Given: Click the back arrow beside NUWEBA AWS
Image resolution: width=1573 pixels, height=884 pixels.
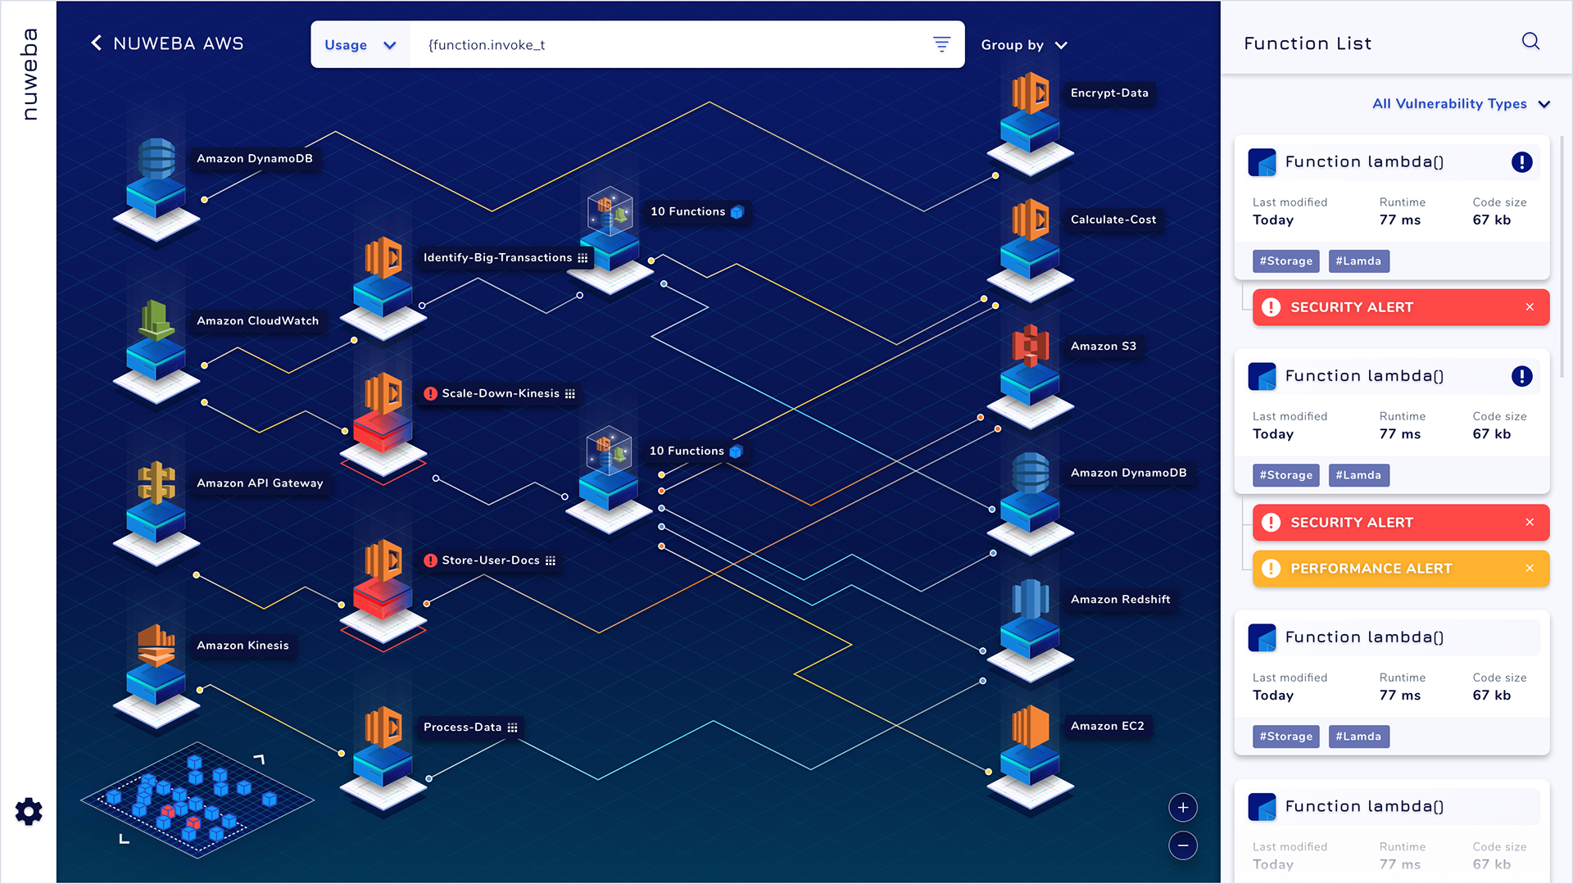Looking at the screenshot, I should point(97,43).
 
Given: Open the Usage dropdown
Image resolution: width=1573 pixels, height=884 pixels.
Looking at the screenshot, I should point(360,45).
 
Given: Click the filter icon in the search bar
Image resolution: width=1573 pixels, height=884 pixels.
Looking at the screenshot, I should point(941,44).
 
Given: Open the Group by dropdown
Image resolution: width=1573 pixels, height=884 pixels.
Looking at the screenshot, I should point(1023,45).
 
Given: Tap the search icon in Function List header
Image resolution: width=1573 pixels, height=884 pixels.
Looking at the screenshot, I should point(1530,42).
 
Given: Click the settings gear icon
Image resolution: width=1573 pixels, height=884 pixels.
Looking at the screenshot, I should point(29,811).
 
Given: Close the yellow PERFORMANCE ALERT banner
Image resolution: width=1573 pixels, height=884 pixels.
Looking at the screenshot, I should point(1529,569).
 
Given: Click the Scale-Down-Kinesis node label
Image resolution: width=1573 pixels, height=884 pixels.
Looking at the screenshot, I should point(500,394).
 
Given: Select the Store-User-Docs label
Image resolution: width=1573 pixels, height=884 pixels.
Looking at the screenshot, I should point(490,560).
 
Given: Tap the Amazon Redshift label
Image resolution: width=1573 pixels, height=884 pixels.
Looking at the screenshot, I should point(1120,600).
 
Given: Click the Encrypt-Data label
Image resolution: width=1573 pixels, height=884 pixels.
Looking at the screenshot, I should point(1108,93).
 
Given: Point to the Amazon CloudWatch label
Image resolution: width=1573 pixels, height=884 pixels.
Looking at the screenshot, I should point(257,321).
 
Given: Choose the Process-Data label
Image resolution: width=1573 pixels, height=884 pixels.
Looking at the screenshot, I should point(462,728).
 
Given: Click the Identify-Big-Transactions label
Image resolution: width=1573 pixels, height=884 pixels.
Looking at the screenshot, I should point(497,258).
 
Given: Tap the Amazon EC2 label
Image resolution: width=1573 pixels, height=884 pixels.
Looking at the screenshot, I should point(1107,726).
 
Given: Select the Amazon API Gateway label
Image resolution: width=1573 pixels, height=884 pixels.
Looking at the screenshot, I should point(260,483).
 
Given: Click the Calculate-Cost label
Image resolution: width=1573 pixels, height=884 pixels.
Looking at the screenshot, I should point(1113,220).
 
